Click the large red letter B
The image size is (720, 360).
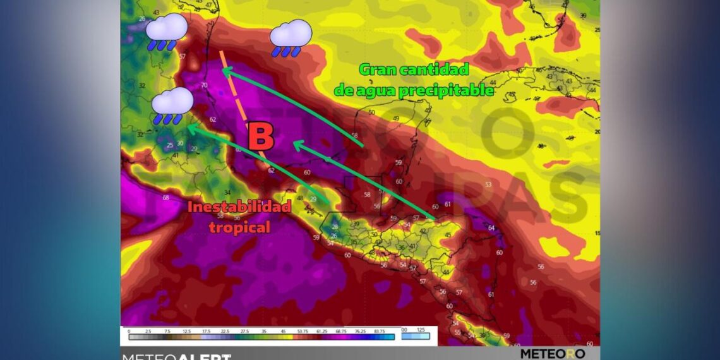pyautogui.click(x=260, y=136)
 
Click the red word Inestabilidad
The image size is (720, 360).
pyautogui.click(x=239, y=207)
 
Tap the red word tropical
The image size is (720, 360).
pyautogui.click(x=239, y=227)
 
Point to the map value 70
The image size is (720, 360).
pyautogui.click(x=204, y=85)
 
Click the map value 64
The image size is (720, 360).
pyautogui.click(x=491, y=228)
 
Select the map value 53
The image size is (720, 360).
pyautogui.click(x=488, y=184)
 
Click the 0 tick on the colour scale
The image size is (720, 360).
pyautogui.click(x=129, y=331)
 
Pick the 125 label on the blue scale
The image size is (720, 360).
pyautogui.click(x=421, y=330)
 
